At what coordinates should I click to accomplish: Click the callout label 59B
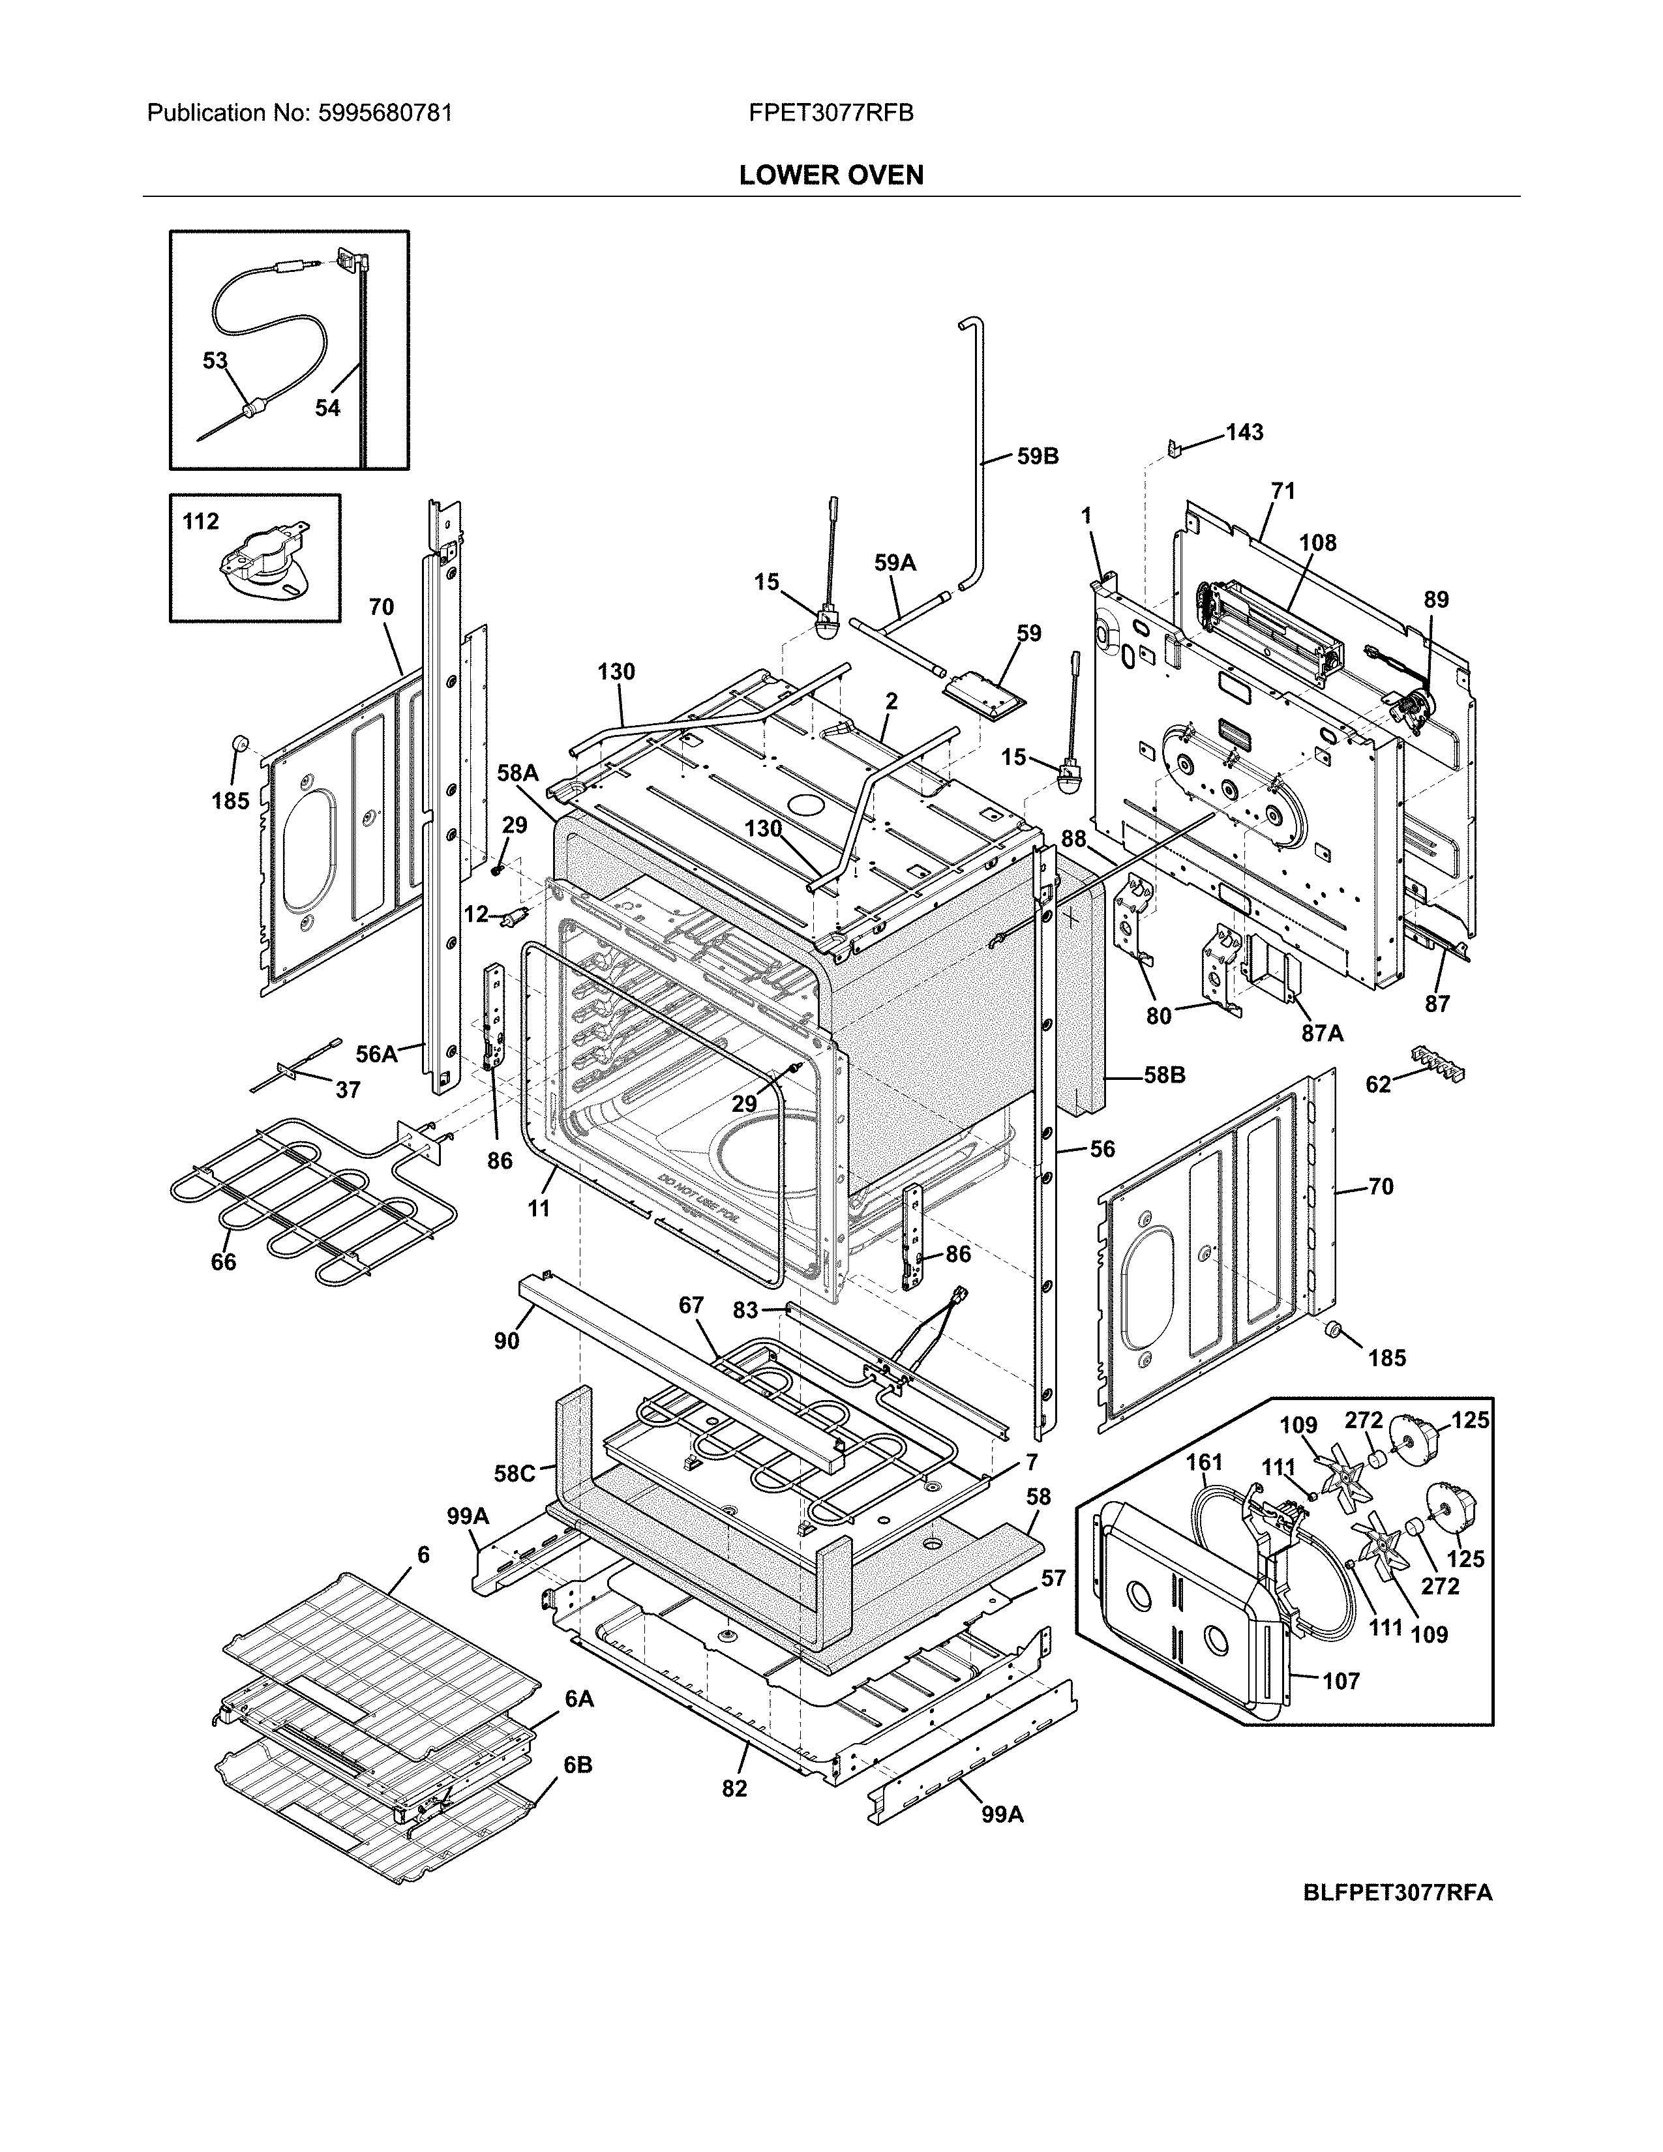point(1038,456)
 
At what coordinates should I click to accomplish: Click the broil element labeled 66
point(295,1197)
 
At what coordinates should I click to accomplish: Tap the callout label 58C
point(515,1473)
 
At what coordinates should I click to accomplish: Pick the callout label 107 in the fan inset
point(1340,1681)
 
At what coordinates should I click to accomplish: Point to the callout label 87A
point(1322,1033)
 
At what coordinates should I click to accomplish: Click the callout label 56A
point(376,1054)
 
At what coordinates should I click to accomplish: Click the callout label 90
point(506,1341)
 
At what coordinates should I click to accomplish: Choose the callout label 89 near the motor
point(1437,599)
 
